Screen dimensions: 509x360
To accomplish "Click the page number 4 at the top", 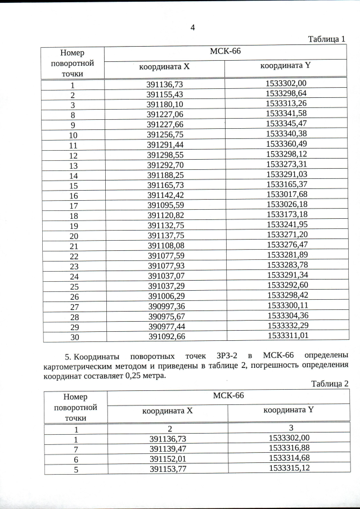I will point(192,28).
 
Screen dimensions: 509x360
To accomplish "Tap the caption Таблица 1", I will point(327,39).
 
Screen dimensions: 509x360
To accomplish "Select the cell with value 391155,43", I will point(165,94).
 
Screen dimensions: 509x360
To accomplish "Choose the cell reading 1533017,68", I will point(286,195).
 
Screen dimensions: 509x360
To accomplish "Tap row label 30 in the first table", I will point(74,337).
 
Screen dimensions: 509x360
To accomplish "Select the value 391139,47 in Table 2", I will point(168,448).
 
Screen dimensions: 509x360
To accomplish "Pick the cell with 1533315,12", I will point(289,468).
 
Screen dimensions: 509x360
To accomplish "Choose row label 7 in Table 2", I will point(75,449).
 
